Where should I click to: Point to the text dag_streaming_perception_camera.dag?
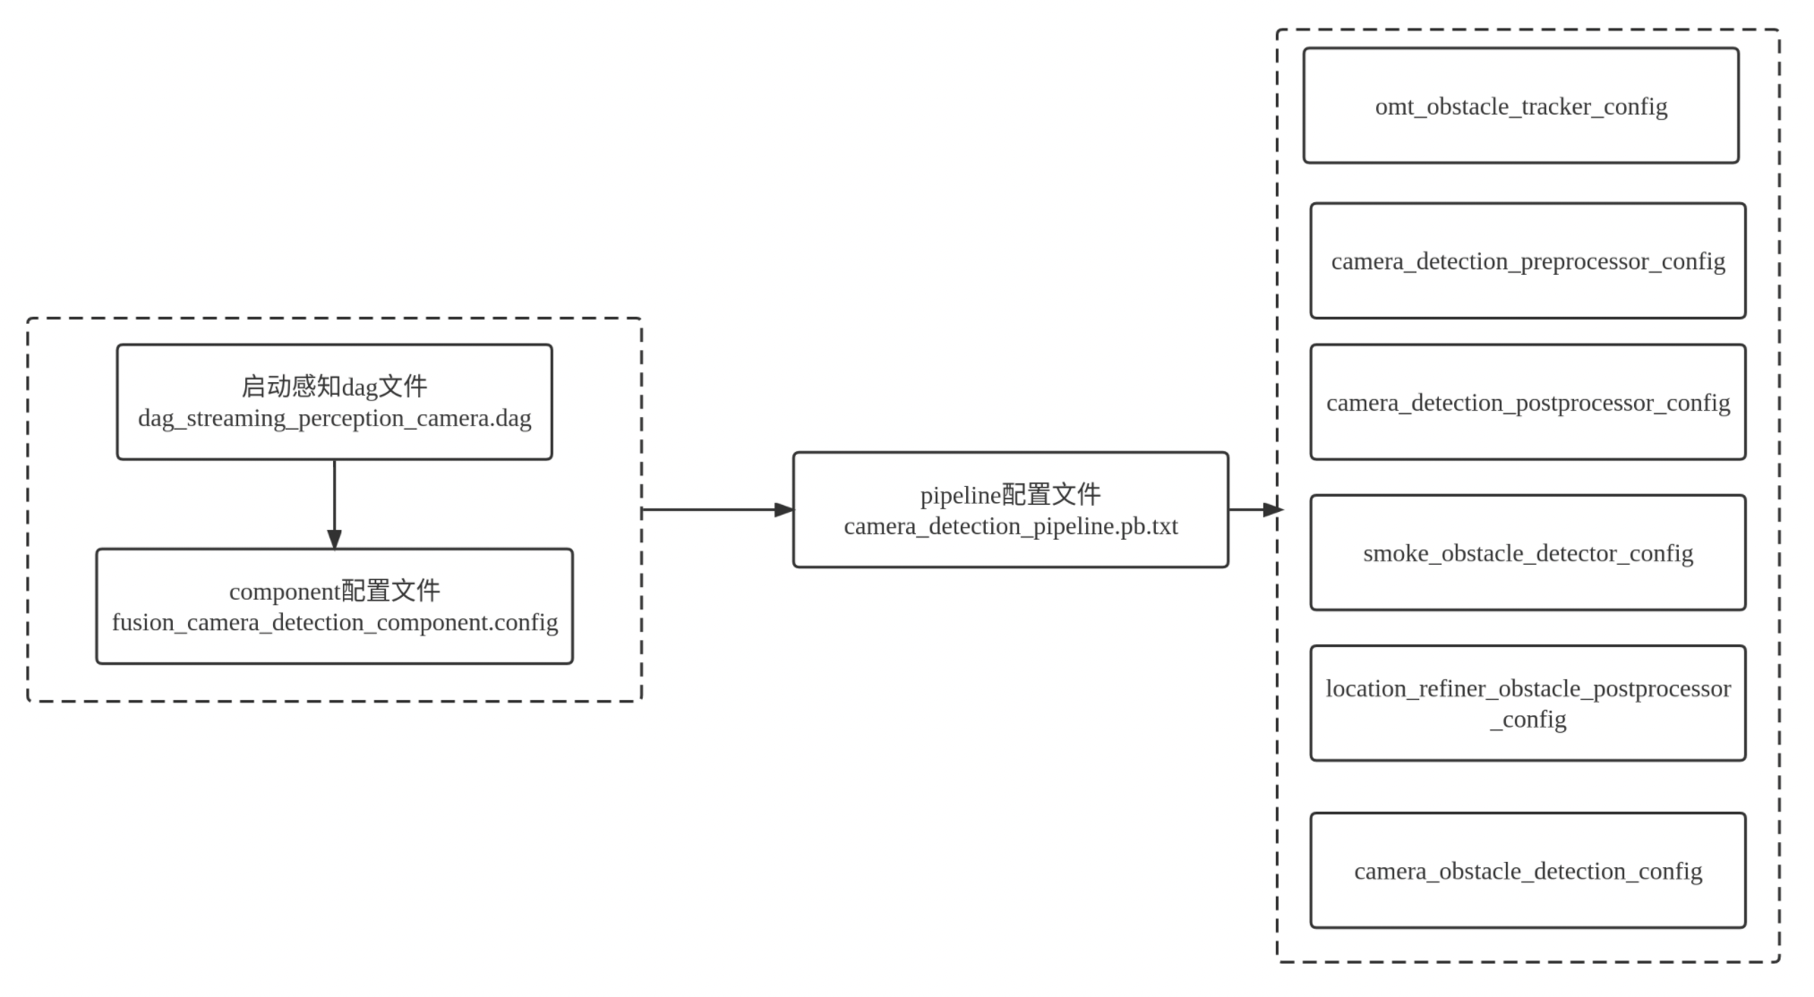click(334, 419)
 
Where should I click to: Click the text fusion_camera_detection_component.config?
click(334, 623)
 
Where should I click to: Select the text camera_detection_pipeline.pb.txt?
click(1010, 526)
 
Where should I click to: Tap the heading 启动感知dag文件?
click(334, 387)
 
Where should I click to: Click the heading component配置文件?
click(334, 591)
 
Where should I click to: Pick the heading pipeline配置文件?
click(1010, 495)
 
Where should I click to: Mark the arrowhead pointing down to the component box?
click(334, 539)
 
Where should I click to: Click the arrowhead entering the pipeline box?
click(783, 510)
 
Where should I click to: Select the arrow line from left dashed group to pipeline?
click(707, 510)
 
